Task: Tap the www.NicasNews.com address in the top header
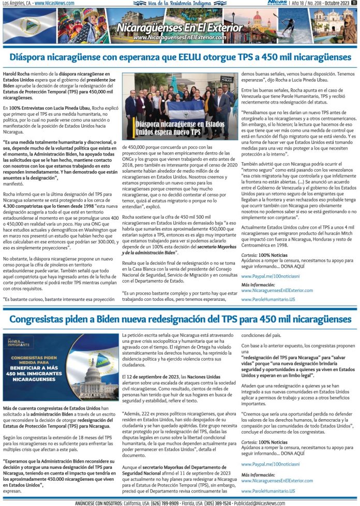[52, 3]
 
